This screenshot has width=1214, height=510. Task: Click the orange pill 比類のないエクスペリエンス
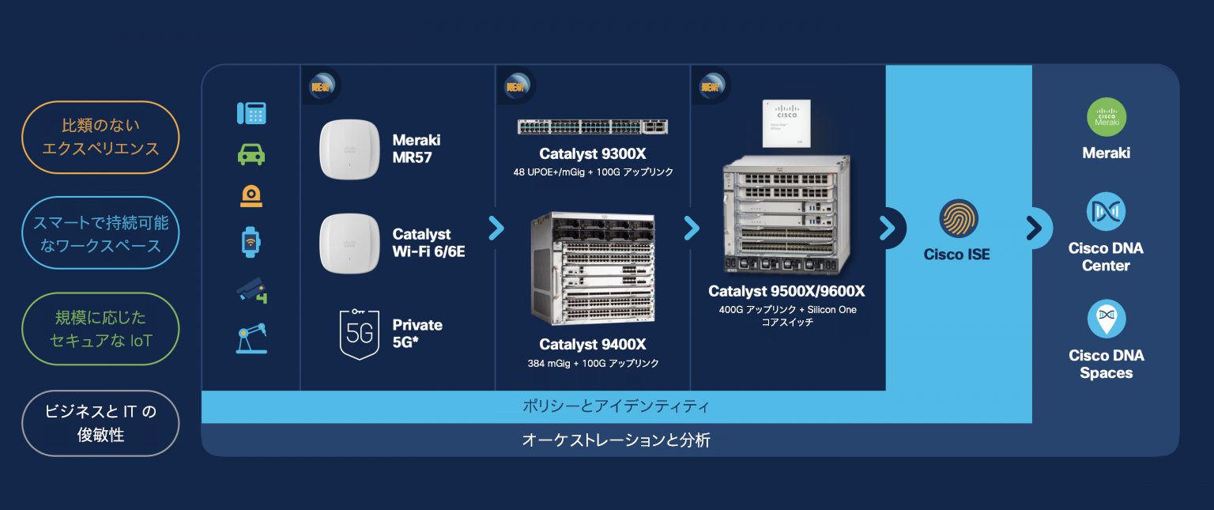(100, 137)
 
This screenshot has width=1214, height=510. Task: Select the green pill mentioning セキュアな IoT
(100, 329)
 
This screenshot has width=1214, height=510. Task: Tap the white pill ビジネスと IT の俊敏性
(100, 423)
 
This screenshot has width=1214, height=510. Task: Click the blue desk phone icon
(251, 113)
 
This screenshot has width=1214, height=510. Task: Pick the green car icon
(251, 154)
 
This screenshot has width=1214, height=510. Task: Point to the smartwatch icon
(251, 242)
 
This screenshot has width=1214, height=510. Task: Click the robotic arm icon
(251, 338)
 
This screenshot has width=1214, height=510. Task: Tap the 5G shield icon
(359, 333)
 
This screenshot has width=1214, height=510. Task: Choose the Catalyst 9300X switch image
(593, 127)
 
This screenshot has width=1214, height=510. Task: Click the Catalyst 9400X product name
(593, 345)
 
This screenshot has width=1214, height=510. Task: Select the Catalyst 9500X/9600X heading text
(786, 292)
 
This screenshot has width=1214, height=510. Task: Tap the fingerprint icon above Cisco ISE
(959, 218)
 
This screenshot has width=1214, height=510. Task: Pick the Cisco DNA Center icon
(1107, 212)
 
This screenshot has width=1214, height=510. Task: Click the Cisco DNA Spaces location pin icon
(1107, 319)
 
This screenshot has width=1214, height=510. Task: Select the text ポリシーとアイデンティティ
(616, 407)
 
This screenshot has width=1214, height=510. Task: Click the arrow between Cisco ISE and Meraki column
(1034, 229)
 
